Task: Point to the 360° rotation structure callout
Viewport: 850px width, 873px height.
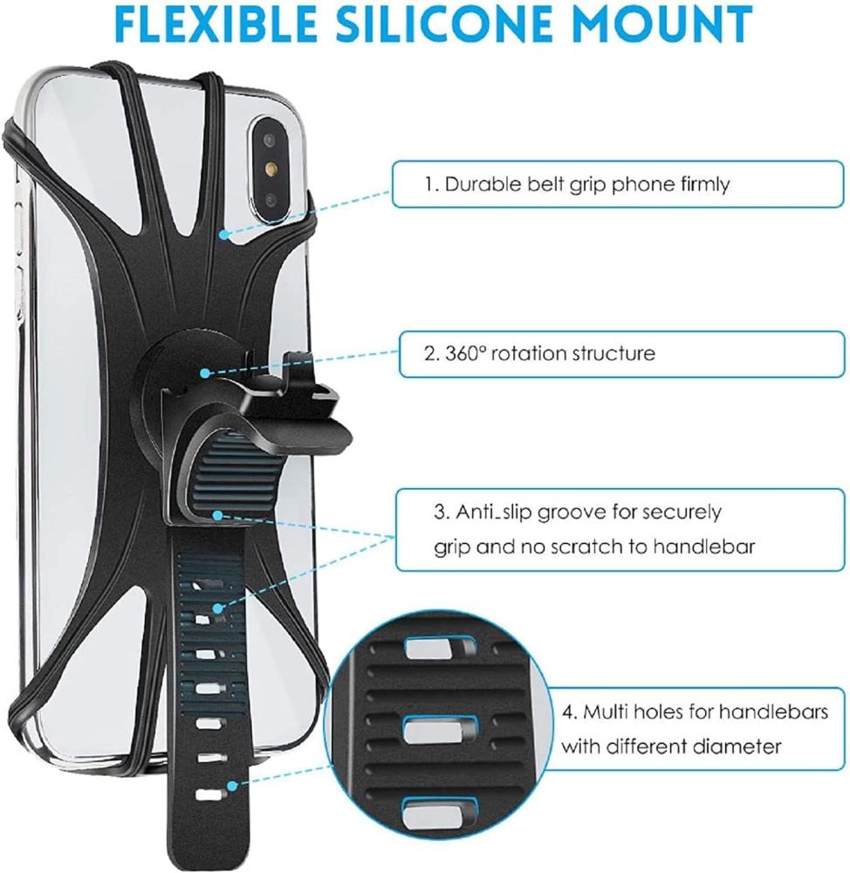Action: pyautogui.click(x=618, y=353)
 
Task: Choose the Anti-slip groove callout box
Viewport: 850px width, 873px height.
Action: pyautogui.click(x=618, y=529)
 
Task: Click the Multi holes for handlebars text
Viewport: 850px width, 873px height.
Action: pyautogui.click(x=694, y=712)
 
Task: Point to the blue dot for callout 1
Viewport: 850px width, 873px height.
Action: pyautogui.click(x=224, y=234)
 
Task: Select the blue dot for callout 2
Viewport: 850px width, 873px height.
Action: pyautogui.click(x=204, y=373)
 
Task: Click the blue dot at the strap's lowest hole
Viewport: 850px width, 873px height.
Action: pyautogui.click(x=231, y=786)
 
